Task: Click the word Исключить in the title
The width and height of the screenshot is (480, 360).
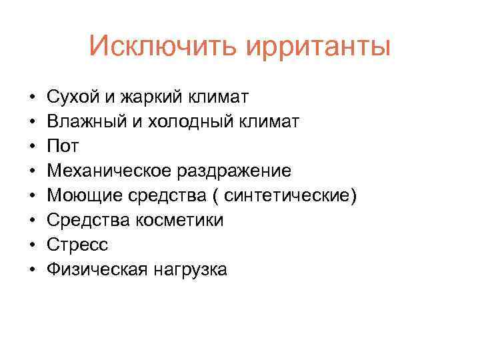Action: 163,47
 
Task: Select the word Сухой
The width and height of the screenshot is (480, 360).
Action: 71,97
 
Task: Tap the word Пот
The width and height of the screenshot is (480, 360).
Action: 63,147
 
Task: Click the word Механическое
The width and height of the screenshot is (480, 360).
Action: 109,171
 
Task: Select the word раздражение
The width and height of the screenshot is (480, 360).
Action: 235,171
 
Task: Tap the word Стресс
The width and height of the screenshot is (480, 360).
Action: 77,245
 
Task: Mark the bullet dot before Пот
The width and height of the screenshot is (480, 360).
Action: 32,147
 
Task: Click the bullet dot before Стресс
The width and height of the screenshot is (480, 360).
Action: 32,245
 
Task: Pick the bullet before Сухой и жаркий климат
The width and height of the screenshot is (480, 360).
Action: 32,98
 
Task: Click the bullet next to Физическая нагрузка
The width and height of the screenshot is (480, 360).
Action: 32,270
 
